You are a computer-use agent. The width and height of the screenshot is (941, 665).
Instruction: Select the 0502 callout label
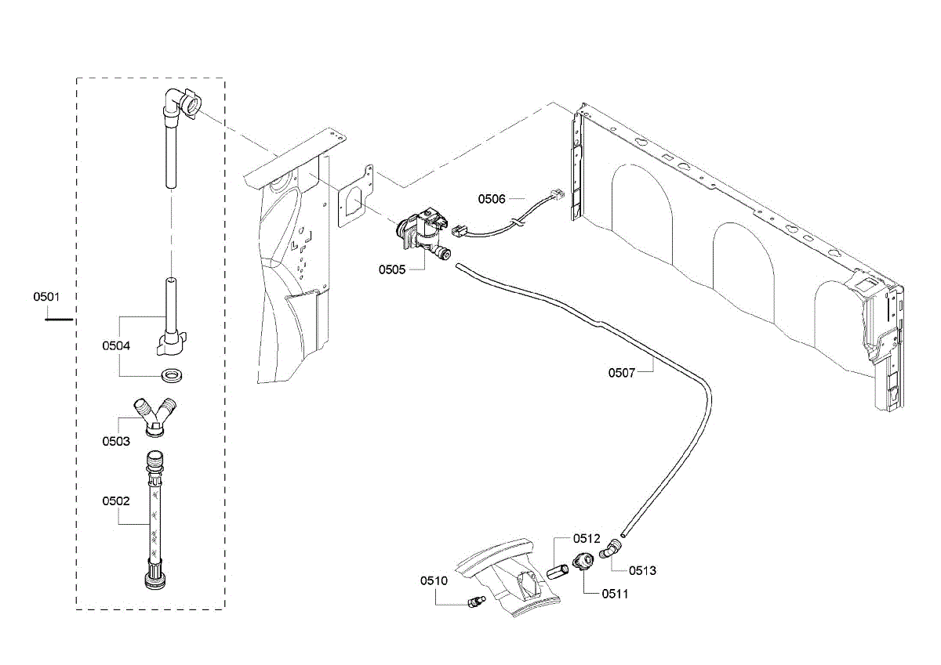coord(115,499)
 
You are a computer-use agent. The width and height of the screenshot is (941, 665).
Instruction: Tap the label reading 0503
coord(115,441)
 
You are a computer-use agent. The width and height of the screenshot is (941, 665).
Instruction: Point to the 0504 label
coord(115,345)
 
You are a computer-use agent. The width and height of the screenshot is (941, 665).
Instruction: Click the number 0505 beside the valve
coord(392,269)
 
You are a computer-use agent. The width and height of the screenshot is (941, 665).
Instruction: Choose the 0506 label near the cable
coord(492,199)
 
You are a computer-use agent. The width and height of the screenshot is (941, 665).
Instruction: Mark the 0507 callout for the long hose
coord(622,373)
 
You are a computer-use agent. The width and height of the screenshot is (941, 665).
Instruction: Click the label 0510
coord(434,580)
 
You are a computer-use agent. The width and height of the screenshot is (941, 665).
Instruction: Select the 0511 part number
coord(616,594)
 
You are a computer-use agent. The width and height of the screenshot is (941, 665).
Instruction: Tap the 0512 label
coord(586,538)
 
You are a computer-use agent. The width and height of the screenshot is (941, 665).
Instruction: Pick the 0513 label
coord(642,570)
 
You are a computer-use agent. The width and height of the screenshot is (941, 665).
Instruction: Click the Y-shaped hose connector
coord(155,415)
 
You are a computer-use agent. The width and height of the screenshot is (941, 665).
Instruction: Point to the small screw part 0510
coord(474,602)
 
